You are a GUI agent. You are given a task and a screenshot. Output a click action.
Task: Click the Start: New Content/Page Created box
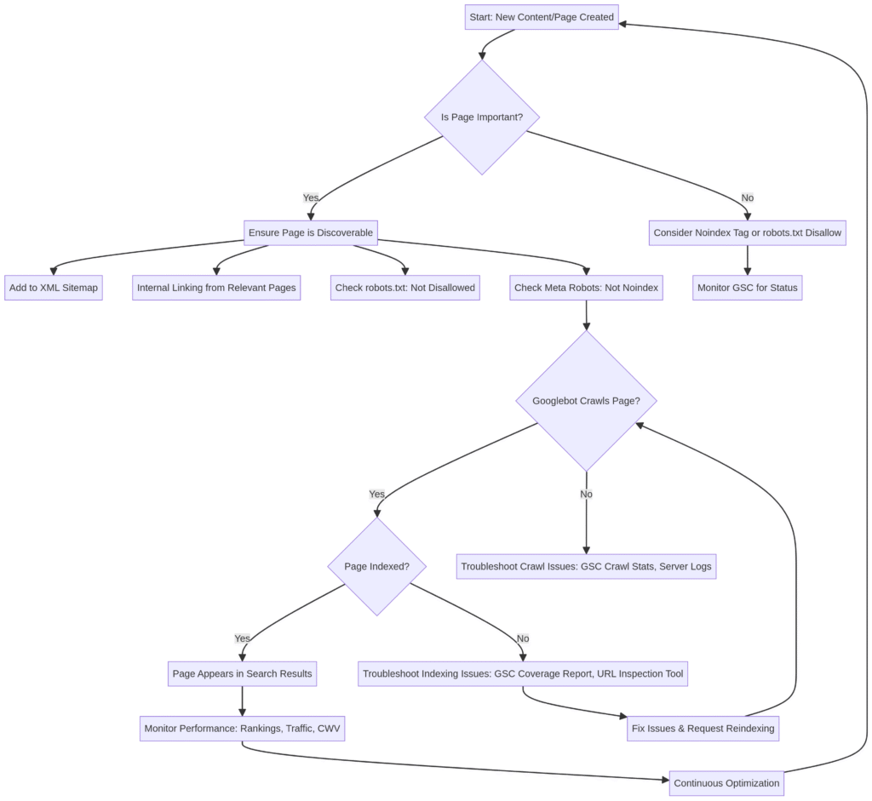point(542,17)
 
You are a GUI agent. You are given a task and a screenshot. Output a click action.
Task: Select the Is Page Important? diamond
point(482,117)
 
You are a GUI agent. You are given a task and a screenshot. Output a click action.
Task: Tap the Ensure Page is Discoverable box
point(311,232)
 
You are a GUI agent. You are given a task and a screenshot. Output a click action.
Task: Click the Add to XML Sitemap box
point(54,288)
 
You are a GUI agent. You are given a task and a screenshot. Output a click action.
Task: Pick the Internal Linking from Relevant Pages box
point(216,288)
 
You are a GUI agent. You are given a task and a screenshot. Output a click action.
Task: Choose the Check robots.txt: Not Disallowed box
point(405,288)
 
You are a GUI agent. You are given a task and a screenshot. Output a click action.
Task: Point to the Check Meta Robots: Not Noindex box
point(586,288)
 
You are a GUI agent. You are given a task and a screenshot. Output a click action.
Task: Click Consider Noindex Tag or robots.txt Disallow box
point(747,232)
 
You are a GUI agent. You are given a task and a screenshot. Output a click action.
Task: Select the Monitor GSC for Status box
point(747,288)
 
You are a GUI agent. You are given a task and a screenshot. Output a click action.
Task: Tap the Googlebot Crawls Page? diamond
point(586,401)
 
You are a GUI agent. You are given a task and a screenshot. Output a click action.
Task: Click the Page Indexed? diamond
point(376,566)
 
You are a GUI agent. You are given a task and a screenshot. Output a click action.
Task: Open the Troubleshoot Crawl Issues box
point(586,566)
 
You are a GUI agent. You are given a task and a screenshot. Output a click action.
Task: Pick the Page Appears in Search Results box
point(243,673)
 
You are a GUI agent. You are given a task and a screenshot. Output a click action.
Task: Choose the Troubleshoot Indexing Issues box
point(523,673)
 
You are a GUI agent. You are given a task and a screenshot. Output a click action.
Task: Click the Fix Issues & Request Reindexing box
point(702,729)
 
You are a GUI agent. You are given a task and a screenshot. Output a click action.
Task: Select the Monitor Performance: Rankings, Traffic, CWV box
point(243,729)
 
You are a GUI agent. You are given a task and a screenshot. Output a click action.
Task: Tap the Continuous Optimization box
point(726,783)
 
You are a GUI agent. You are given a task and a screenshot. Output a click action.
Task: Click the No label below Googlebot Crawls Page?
point(586,494)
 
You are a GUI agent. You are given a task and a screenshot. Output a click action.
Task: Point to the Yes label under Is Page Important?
point(311,197)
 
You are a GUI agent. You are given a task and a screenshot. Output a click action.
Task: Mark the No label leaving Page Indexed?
point(523,638)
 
